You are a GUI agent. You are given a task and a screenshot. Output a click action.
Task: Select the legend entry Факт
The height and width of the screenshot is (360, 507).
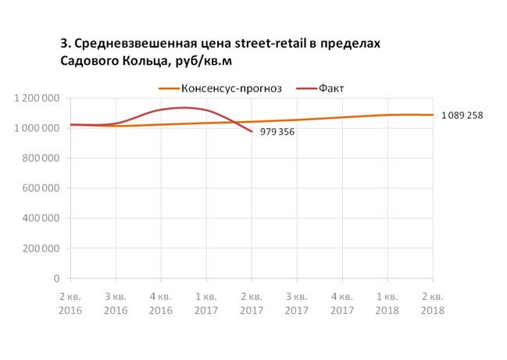(331, 87)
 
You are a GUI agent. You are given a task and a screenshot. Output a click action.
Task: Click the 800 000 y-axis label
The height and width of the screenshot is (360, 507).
(41, 159)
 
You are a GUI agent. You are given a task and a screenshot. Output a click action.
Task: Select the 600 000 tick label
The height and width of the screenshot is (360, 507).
(41, 188)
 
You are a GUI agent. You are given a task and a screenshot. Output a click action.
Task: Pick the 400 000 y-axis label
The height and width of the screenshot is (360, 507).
(41, 219)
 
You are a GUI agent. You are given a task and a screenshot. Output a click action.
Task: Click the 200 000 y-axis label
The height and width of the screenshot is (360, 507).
(41, 248)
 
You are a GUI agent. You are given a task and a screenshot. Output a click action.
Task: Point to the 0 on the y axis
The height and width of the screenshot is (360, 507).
(56, 279)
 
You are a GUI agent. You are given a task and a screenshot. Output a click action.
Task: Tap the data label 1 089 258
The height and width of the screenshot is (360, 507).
(462, 116)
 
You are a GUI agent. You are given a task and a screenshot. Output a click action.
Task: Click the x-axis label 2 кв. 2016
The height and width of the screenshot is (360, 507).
(70, 304)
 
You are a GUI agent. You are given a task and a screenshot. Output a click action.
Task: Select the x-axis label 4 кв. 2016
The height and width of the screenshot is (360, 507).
(161, 304)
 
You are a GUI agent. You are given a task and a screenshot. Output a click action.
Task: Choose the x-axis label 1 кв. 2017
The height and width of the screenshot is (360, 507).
(206, 304)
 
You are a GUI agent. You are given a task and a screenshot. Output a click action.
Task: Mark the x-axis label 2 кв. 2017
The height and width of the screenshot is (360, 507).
(252, 304)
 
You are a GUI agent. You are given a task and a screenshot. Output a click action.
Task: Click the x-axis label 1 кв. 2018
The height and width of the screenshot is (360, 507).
(387, 304)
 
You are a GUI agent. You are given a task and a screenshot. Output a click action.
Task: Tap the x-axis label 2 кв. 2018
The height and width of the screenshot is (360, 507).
(432, 304)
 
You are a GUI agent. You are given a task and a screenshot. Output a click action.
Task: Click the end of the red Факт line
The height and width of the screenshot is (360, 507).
(252, 131)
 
